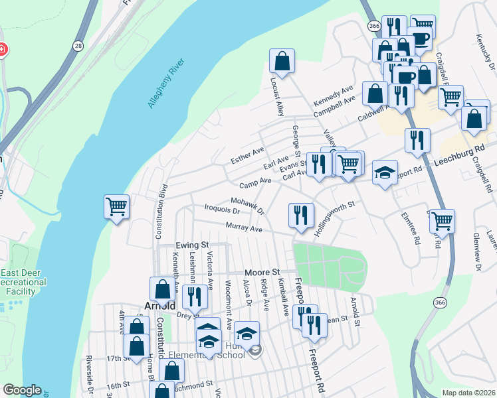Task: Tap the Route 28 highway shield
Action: pos(79,45)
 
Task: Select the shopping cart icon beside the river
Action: pos(116,207)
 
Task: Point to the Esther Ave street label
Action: pos(247,157)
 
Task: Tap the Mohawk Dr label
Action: pos(247,206)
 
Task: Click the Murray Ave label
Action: pos(245,228)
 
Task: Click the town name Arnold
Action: pos(159,306)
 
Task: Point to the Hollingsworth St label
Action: pos(336,212)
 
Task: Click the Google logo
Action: pos(22,390)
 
